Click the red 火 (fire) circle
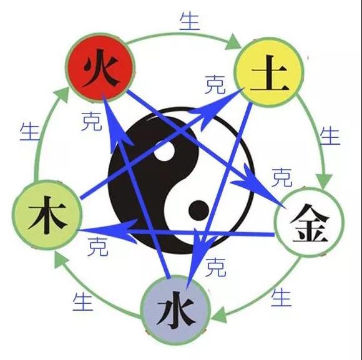coord(100,68)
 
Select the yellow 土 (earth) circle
coord(269,72)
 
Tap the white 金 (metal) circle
coord(309,223)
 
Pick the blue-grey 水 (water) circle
coord(175,310)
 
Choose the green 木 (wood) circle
coord(47,215)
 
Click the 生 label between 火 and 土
coord(190,21)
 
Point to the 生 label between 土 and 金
coord(330,136)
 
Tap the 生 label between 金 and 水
coord(281,298)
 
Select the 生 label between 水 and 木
coord(83,302)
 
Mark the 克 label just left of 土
coord(215,84)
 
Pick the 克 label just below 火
coord(92,122)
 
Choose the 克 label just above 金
coord(282,177)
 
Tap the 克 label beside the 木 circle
coord(98,246)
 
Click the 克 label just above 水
coord(215,267)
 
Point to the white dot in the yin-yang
coord(165,151)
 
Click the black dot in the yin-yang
coord(198,210)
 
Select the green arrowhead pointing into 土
coord(233,42)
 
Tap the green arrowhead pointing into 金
coord(324,182)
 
